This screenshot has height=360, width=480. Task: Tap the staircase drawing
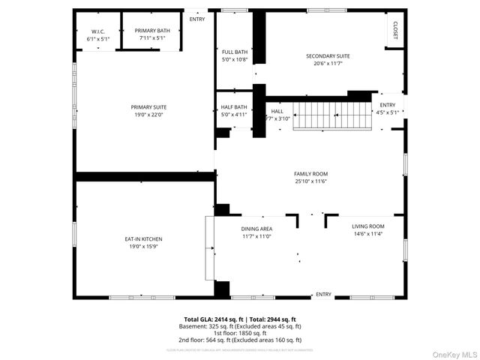[332, 116]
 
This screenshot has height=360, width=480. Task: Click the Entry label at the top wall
[196, 19]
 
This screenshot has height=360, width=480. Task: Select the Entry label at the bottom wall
[323, 294]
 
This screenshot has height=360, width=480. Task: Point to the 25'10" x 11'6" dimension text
[310, 181]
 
